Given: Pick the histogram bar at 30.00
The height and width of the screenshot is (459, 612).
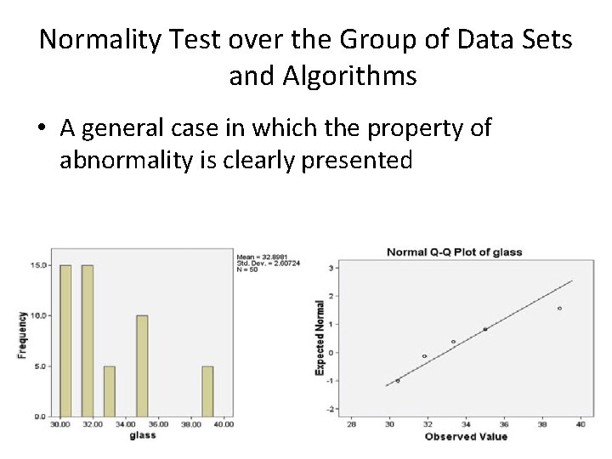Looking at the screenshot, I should tap(65, 341).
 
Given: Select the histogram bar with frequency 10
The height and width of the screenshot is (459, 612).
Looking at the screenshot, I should tap(142, 365).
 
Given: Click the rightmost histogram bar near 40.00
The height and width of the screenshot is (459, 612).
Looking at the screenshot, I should tap(207, 391).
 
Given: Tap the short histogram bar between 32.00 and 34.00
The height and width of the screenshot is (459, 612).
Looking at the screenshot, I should tap(109, 391).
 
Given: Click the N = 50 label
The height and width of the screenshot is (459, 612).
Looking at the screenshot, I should tap(247, 268).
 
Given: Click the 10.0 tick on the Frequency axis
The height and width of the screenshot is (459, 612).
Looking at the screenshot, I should tap(38, 316).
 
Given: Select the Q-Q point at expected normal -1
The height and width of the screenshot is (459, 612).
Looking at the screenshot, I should tap(398, 381).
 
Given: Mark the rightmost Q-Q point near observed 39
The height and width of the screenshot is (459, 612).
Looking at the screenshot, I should tap(559, 309).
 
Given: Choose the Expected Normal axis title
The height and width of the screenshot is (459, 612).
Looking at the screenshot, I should tap(320, 337).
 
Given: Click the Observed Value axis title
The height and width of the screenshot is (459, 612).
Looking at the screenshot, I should tap(467, 436).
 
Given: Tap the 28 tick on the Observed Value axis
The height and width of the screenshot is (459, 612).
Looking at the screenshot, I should tap(352, 423).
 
